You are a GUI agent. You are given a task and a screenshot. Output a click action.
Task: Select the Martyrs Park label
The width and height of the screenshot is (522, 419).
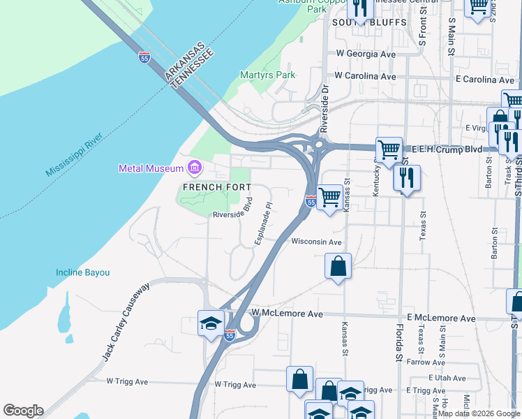point(268,75)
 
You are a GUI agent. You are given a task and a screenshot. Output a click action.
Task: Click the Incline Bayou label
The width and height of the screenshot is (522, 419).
point(83,272)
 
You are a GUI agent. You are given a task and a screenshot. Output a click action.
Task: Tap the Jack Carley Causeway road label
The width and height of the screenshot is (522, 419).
point(126,322)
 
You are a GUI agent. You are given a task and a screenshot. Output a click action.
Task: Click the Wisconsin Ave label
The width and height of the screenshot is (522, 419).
point(316,242)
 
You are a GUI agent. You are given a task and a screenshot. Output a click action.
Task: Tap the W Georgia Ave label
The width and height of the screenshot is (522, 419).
point(366,54)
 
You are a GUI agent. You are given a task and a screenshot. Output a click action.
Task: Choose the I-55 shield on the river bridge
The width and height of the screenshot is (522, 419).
point(144,57)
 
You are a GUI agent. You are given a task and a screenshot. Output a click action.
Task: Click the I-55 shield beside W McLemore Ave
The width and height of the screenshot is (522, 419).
point(230,336)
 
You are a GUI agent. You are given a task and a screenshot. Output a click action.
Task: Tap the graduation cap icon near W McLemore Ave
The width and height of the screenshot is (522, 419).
point(211,323)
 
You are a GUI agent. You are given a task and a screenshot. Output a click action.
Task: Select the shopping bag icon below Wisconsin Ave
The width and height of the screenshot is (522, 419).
point(338,266)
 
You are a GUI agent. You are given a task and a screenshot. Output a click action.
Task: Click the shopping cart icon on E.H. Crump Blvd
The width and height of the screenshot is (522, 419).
point(389,149)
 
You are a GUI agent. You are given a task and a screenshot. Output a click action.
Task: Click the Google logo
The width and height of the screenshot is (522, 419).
point(23,411)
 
